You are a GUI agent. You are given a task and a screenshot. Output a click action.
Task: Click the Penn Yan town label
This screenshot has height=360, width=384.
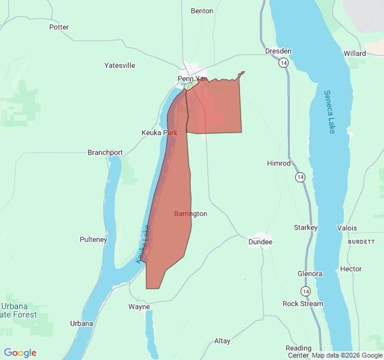[x=193, y=79]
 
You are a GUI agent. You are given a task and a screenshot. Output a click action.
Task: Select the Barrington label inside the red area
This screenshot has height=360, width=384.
[x=191, y=214]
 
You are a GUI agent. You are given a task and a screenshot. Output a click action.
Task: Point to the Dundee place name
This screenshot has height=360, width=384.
[x=260, y=242]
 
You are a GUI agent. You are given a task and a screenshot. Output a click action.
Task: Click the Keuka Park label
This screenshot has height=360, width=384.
[x=159, y=132]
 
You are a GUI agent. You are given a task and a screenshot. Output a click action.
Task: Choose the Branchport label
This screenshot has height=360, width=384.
[x=105, y=152]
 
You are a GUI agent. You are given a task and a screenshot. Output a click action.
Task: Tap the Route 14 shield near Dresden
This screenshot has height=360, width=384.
[x=283, y=62]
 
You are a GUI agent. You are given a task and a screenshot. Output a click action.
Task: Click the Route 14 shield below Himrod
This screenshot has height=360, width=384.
[x=300, y=177]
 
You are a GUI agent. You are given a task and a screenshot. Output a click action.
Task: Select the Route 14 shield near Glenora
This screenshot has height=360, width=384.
[x=306, y=291]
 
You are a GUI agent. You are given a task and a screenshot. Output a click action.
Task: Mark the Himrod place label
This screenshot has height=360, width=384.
[x=278, y=163]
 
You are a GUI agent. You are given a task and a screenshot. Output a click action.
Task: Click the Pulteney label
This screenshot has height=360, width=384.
[x=93, y=239]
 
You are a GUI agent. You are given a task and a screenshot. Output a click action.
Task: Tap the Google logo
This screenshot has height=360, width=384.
[x=20, y=353]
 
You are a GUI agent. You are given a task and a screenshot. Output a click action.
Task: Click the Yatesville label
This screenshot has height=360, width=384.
[x=120, y=65]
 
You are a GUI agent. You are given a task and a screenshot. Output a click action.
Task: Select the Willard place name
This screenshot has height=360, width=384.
[x=355, y=53]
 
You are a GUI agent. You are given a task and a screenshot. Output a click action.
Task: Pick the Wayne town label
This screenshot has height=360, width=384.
[x=139, y=307]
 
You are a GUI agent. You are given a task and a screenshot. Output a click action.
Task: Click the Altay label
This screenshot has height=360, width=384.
[x=222, y=341]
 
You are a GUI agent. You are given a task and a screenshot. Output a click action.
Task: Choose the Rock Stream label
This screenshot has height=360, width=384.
[x=302, y=304]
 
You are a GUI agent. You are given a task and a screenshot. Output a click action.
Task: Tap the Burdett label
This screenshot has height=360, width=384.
[x=361, y=241]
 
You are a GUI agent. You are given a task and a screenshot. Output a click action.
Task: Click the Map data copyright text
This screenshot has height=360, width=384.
[x=347, y=355]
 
